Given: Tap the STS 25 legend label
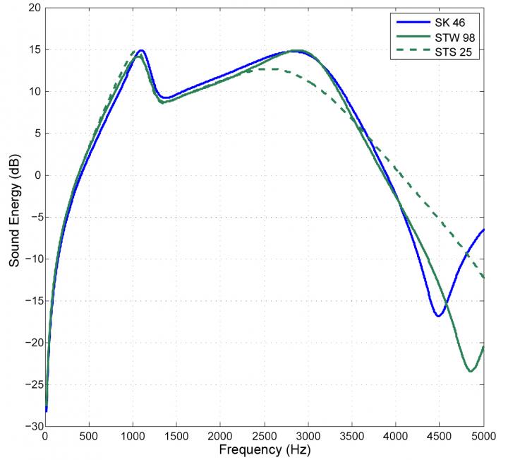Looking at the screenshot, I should pos(449,52).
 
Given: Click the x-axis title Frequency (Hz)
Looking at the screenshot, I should pos(264,449).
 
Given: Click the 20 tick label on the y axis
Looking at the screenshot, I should pos(33,8).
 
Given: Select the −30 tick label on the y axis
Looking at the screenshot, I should pos(30,426).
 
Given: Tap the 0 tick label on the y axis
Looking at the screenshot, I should pos(36,175).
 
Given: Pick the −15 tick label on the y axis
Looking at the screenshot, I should pos(30,300).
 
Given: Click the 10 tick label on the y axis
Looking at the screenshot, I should pos(33,92).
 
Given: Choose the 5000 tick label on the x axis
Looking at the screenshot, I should pos(483,436).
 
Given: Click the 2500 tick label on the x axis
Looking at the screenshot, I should pos(264,436).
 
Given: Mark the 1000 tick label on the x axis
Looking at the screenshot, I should pos(133,436).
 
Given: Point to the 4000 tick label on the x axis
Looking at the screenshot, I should pos(396,436).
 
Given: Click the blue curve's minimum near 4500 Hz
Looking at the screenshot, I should pos(438,315).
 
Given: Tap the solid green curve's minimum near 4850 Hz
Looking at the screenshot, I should pos(470,371).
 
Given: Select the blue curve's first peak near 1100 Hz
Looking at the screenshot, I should pos(141,51).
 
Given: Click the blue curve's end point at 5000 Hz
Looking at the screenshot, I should pos(483,230).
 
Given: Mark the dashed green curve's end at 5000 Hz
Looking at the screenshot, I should pos(483,278).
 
